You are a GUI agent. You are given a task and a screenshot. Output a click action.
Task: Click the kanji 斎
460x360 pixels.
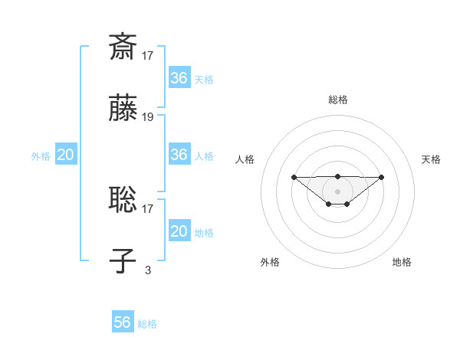123,47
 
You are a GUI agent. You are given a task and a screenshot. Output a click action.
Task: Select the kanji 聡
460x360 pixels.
123,199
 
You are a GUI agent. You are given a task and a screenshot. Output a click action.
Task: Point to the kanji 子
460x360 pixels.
123,261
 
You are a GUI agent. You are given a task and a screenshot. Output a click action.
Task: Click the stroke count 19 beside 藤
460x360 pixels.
148,117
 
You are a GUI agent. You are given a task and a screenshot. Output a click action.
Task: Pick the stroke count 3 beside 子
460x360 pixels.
148,270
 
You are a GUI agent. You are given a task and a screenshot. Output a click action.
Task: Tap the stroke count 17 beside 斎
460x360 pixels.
148,55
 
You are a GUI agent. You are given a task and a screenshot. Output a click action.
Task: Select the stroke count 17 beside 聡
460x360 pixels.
148,208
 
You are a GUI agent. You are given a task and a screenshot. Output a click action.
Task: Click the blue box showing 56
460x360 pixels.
123,322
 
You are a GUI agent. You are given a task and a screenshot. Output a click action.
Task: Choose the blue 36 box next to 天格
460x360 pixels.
179,78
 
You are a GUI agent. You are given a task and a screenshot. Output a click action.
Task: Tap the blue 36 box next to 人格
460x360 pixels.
179,155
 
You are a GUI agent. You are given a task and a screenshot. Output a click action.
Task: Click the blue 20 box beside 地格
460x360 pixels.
179,231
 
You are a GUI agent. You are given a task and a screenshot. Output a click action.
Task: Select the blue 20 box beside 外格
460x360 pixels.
66,155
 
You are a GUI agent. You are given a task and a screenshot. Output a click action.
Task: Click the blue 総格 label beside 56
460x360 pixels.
147,324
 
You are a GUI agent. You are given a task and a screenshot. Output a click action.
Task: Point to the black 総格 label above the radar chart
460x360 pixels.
337,100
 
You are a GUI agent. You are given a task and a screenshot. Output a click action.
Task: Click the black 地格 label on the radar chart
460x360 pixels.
402,263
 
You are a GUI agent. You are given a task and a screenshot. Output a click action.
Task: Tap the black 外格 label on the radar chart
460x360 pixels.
270,263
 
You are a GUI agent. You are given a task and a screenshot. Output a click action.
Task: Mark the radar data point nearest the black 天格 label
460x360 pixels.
382,178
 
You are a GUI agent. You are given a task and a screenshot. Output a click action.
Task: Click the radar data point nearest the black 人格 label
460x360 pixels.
294,178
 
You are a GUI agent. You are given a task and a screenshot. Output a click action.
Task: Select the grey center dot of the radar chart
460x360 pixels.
337,191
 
